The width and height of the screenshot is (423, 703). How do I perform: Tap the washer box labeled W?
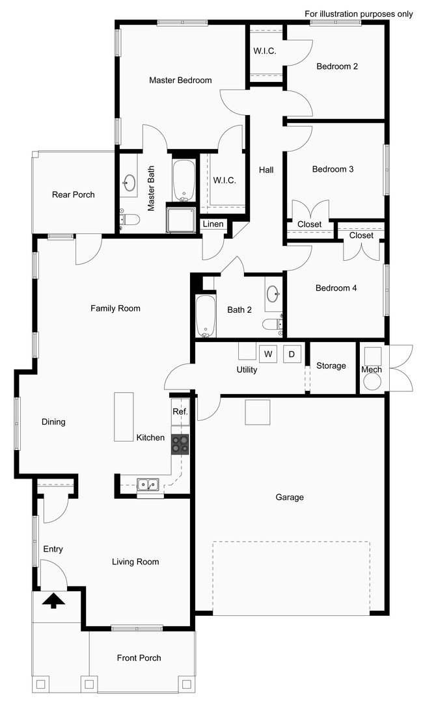267,354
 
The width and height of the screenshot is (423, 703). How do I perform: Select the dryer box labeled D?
292,354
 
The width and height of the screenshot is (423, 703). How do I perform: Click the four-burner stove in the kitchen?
180,444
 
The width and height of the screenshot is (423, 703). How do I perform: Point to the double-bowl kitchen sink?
148,484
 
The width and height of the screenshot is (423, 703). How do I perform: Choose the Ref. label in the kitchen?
180,412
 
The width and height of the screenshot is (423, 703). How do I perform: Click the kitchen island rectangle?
124,417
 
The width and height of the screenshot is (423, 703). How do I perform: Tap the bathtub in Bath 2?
206,317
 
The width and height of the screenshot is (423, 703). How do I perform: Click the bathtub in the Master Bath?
184,179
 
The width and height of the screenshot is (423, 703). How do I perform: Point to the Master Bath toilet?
129,219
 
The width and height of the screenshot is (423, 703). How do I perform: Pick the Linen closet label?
213,224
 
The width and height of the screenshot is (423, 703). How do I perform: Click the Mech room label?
372,369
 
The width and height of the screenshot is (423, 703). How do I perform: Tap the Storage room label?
331,365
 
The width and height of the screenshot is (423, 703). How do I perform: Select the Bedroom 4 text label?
336,288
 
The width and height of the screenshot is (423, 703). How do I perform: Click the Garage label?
290,497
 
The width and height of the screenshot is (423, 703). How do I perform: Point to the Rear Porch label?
74,194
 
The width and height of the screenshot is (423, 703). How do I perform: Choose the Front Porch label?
139,657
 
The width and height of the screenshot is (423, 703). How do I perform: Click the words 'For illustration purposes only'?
359,14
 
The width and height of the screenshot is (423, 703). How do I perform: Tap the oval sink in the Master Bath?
129,182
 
